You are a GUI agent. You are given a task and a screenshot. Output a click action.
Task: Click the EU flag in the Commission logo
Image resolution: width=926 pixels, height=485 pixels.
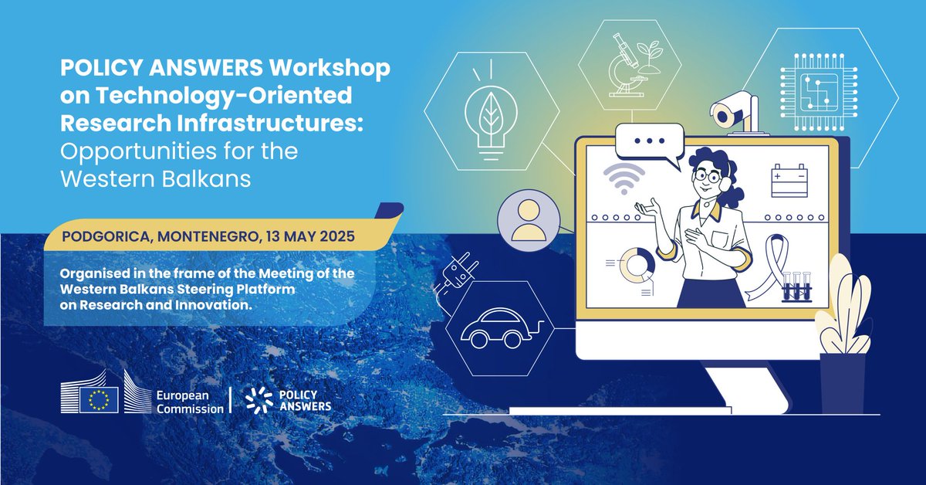(x=99, y=399)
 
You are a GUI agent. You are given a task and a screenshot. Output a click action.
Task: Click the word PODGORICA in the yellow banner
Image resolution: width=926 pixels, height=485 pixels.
(x=98, y=236)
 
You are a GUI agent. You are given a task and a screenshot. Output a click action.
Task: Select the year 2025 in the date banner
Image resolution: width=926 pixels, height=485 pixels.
(x=337, y=236)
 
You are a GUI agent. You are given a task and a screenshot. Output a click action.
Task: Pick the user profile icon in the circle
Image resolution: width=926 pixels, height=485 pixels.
(x=528, y=220)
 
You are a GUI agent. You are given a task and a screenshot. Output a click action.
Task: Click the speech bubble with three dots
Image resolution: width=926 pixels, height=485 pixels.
(x=650, y=142)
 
